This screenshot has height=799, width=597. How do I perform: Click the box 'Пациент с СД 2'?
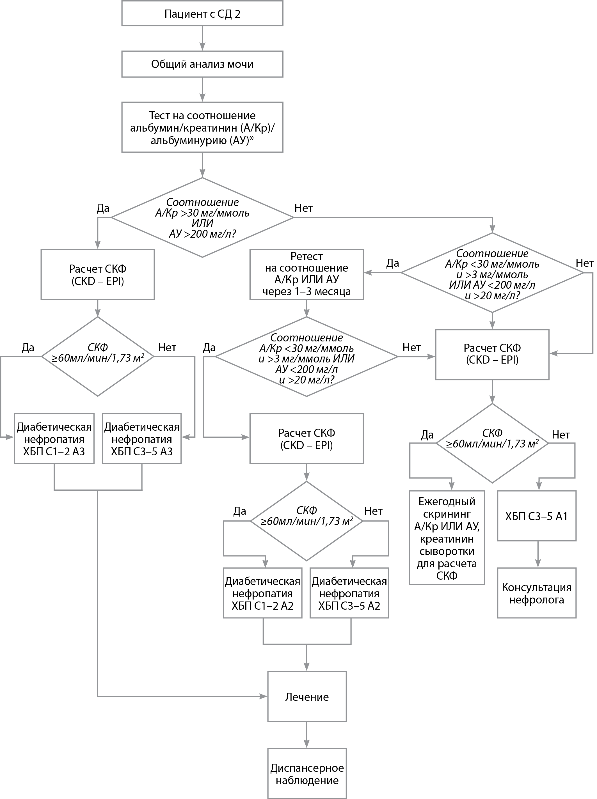(x=202, y=14)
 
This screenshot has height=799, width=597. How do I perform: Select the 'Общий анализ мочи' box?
(x=202, y=64)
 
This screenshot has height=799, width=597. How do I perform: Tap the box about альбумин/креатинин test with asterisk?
(x=202, y=127)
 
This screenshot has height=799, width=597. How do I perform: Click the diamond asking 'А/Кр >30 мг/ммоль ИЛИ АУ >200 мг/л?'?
(x=202, y=217)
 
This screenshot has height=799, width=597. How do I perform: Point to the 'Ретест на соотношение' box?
(x=306, y=274)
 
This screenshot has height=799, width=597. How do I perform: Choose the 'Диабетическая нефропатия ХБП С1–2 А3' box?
(x=54, y=438)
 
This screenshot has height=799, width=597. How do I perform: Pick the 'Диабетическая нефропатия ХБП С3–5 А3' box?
(x=142, y=438)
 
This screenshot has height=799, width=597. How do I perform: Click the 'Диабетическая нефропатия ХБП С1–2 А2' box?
(x=263, y=593)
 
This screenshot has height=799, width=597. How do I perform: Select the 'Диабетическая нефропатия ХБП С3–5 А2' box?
(x=349, y=593)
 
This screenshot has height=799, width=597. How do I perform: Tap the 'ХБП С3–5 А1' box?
(x=537, y=516)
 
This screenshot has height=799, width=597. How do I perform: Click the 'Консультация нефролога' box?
(x=537, y=593)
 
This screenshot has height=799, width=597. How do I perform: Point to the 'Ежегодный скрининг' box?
(x=447, y=538)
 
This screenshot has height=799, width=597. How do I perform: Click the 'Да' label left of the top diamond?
(x=103, y=208)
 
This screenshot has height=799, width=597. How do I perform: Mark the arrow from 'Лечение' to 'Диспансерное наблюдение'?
(x=307, y=735)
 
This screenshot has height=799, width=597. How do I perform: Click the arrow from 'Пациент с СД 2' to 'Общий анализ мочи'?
(x=202, y=38)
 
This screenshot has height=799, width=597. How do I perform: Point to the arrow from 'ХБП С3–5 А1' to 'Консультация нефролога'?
(x=537, y=554)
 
